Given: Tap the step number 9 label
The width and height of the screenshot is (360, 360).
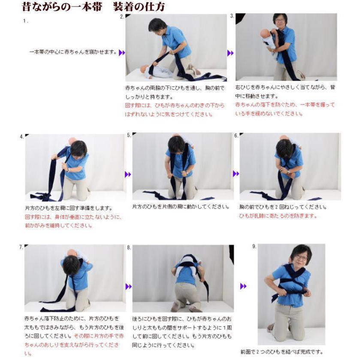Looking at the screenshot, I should (x=254, y=246).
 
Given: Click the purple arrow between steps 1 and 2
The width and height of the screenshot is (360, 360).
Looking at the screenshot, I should (x=122, y=52).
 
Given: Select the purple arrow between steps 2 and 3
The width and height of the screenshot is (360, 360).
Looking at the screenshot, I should (x=230, y=53).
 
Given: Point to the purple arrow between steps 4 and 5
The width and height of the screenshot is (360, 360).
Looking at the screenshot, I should (x=128, y=174).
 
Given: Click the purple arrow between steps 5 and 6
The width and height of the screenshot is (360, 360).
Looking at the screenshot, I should (x=236, y=174).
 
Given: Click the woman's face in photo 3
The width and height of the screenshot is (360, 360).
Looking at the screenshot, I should (x=280, y=21).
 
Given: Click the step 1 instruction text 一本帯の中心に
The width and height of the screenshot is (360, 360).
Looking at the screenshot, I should (x=73, y=52).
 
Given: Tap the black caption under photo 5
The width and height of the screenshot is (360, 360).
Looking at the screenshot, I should (x=181, y=207).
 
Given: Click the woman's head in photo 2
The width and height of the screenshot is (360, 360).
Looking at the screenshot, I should (x=157, y=25).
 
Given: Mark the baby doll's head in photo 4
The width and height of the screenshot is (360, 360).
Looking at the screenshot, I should (x=72, y=142).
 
